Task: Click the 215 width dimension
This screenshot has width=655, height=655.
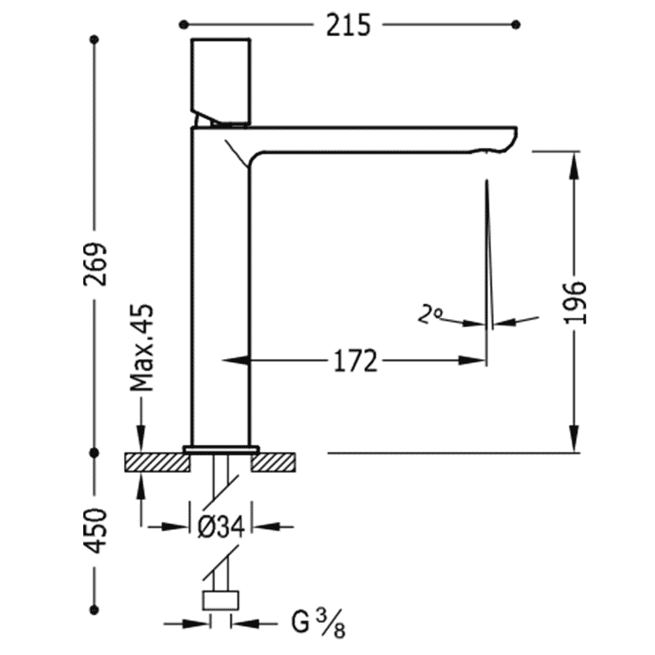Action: click(x=348, y=25)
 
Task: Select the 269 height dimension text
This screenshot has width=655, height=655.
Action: click(x=95, y=265)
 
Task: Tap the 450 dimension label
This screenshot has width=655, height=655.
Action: click(x=95, y=531)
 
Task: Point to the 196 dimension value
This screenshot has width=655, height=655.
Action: click(x=575, y=303)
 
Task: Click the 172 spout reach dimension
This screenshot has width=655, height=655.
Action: click(x=356, y=360)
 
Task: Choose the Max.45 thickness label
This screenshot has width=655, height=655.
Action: click(x=141, y=348)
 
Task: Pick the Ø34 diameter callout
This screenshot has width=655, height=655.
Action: click(x=221, y=527)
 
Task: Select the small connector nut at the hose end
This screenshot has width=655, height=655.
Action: click(x=221, y=601)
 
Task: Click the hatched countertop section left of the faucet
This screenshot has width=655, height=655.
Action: click(x=157, y=462)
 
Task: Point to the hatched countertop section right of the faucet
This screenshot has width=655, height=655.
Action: click(x=273, y=462)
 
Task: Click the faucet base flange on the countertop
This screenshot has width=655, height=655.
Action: click(x=221, y=449)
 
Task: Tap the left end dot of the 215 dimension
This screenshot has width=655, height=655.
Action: click(x=183, y=25)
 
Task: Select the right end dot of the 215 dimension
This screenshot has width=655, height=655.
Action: click(x=516, y=25)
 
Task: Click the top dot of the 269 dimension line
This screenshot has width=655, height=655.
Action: click(x=94, y=40)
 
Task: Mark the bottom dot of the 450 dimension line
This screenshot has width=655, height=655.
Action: click(x=94, y=610)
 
